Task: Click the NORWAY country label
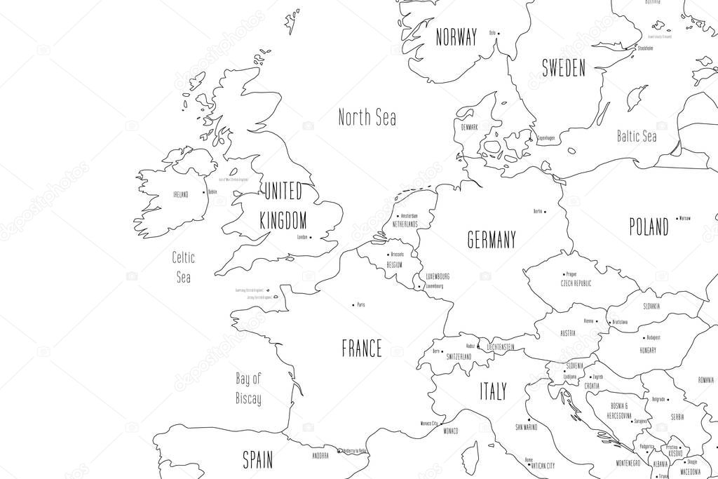pyautogui.click(x=456, y=36)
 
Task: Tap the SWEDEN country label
pyautogui.click(x=563, y=68)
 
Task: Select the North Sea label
pyautogui.click(x=367, y=117)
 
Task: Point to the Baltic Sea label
pyautogui.click(x=636, y=136)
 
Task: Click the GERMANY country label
pyautogui.click(x=492, y=240)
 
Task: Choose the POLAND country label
pyautogui.click(x=648, y=227)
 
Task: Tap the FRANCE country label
pyautogui.click(x=362, y=349)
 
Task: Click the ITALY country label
pyautogui.click(x=493, y=391)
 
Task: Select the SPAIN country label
pyautogui.click(x=257, y=460)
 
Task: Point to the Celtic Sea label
pyautogui.click(x=184, y=267)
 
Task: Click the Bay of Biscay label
pyautogui.click(x=248, y=389)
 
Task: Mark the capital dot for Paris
pyautogui.click(x=352, y=305)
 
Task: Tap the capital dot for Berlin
pyautogui.click(x=546, y=211)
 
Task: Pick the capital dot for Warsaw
pyautogui.click(x=676, y=218)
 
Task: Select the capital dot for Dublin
pyautogui.click(x=204, y=191)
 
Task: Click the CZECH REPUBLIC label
pyautogui.click(x=576, y=283)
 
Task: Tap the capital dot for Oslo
pyautogui.click(x=498, y=32)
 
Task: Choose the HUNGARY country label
pyautogui.click(x=648, y=349)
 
